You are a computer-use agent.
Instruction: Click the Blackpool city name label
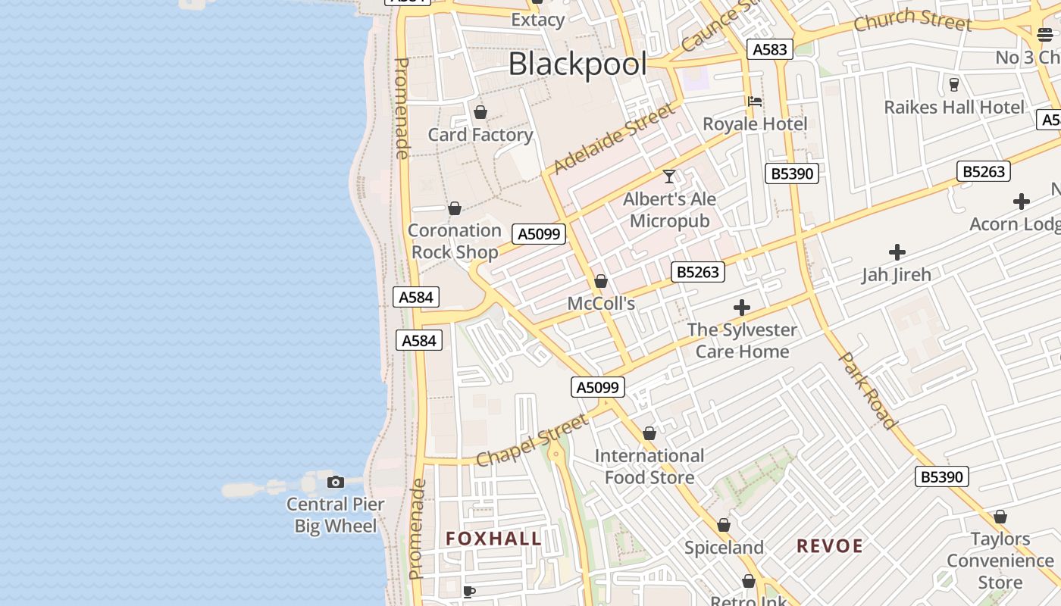[577, 64]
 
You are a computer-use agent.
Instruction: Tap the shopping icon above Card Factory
[480, 113]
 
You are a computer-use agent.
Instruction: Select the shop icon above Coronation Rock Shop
[455, 208]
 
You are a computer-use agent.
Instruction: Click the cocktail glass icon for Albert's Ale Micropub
[669, 176]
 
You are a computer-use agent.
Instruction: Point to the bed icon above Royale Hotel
[755, 102]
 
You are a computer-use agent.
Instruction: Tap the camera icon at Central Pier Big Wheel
[335, 482]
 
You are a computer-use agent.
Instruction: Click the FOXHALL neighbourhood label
[493, 539]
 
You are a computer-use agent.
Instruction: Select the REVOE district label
[830, 546]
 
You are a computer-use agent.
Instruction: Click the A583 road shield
[770, 49]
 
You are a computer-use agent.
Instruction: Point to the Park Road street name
[869, 391]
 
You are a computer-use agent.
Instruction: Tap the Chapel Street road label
[532, 441]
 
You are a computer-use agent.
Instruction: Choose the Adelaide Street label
[614, 139]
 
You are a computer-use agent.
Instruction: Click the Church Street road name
[912, 20]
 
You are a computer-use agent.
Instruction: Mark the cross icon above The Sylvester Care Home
[742, 308]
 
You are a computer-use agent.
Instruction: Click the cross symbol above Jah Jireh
[897, 252]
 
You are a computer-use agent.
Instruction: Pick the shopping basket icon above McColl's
[601, 282]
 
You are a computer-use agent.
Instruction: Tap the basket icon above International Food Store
[649, 434]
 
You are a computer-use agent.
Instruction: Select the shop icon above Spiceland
[724, 526]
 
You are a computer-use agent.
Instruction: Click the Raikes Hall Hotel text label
[954, 108]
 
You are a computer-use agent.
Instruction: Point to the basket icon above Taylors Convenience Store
[1000, 517]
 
